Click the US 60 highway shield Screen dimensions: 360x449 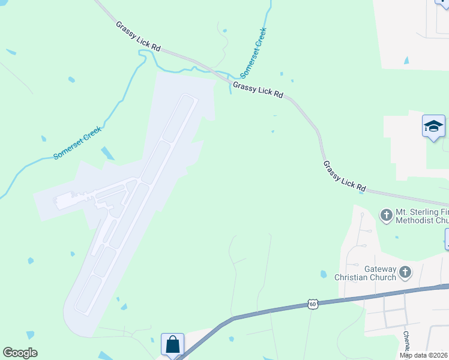click(x=312, y=304)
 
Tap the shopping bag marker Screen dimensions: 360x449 click(x=172, y=344)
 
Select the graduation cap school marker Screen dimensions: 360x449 click(x=433, y=127)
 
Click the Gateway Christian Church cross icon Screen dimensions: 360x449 click(x=405, y=272)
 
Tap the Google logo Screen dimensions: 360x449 click(x=20, y=352)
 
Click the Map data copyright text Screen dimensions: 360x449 click(x=424, y=355)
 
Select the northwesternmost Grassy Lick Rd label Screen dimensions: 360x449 click(x=139, y=37)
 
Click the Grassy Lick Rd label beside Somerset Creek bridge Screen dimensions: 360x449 click(x=258, y=90)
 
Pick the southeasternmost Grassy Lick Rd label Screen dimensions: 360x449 click(x=345, y=176)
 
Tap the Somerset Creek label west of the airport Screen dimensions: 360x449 click(x=77, y=143)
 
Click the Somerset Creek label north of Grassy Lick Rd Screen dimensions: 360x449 click(x=253, y=53)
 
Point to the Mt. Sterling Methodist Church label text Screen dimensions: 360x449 click(x=421, y=217)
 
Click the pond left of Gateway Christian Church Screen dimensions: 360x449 click(x=324, y=274)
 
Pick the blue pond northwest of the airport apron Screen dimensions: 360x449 click(x=108, y=154)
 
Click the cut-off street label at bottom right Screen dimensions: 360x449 click(x=406, y=343)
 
